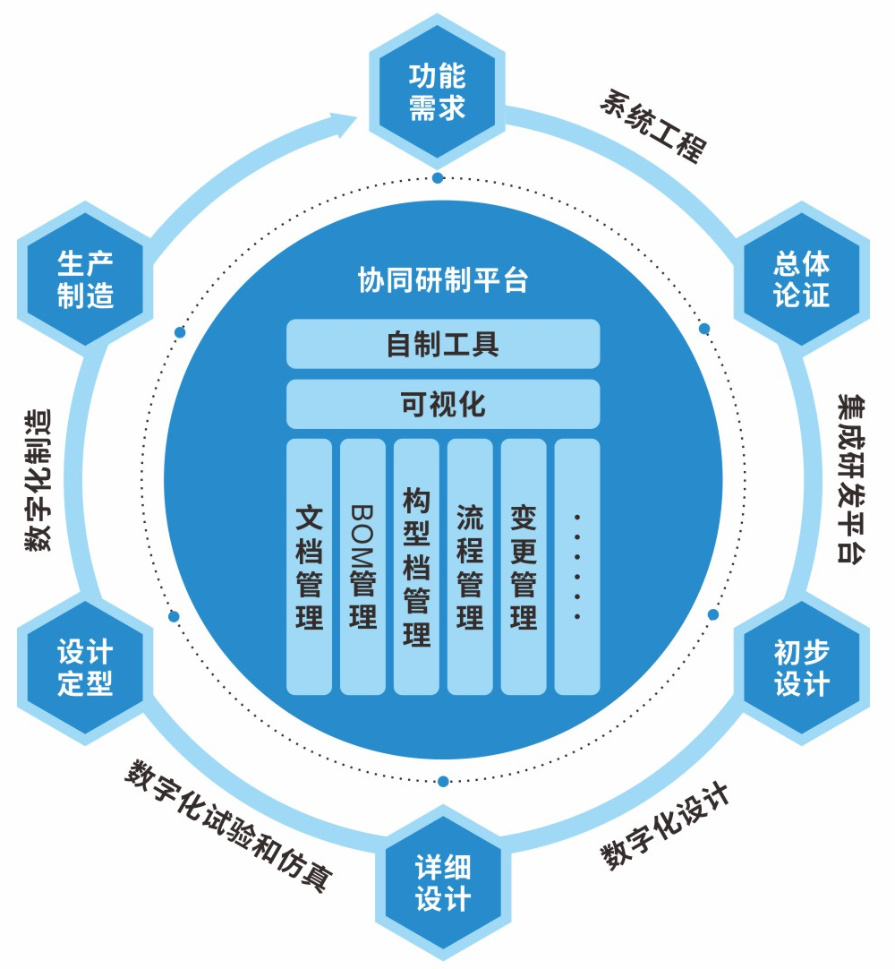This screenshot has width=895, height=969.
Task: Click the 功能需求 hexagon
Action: pos(438,91)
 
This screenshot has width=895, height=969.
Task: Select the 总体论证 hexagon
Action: pos(801,279)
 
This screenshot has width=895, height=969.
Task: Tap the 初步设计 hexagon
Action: pos(801,668)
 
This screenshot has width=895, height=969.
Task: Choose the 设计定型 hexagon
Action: pos(85,668)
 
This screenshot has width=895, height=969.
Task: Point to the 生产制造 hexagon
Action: pos(85,279)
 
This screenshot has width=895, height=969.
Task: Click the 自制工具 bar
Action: pos(442,344)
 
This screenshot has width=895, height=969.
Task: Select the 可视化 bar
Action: pos(442,404)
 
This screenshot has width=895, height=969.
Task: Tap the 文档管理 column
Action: pos(309,566)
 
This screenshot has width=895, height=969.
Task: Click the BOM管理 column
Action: pos(362,566)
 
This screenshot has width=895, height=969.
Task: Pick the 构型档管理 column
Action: pos(416,566)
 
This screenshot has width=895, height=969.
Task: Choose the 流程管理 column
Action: pos(470,566)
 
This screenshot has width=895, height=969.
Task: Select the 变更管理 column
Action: pos(524,566)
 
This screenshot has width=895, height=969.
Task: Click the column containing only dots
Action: pos(577,566)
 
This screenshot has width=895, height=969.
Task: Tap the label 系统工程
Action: pos(652,124)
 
